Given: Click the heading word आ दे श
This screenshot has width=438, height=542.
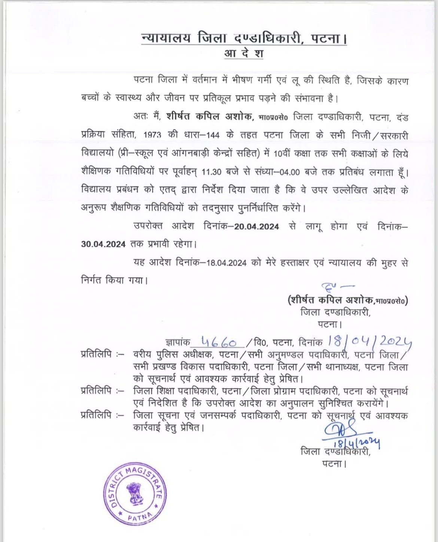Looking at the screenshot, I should [x=244, y=54].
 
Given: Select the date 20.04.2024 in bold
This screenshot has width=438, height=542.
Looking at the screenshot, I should [x=257, y=227].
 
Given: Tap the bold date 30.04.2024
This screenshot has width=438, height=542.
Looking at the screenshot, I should [x=103, y=244].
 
